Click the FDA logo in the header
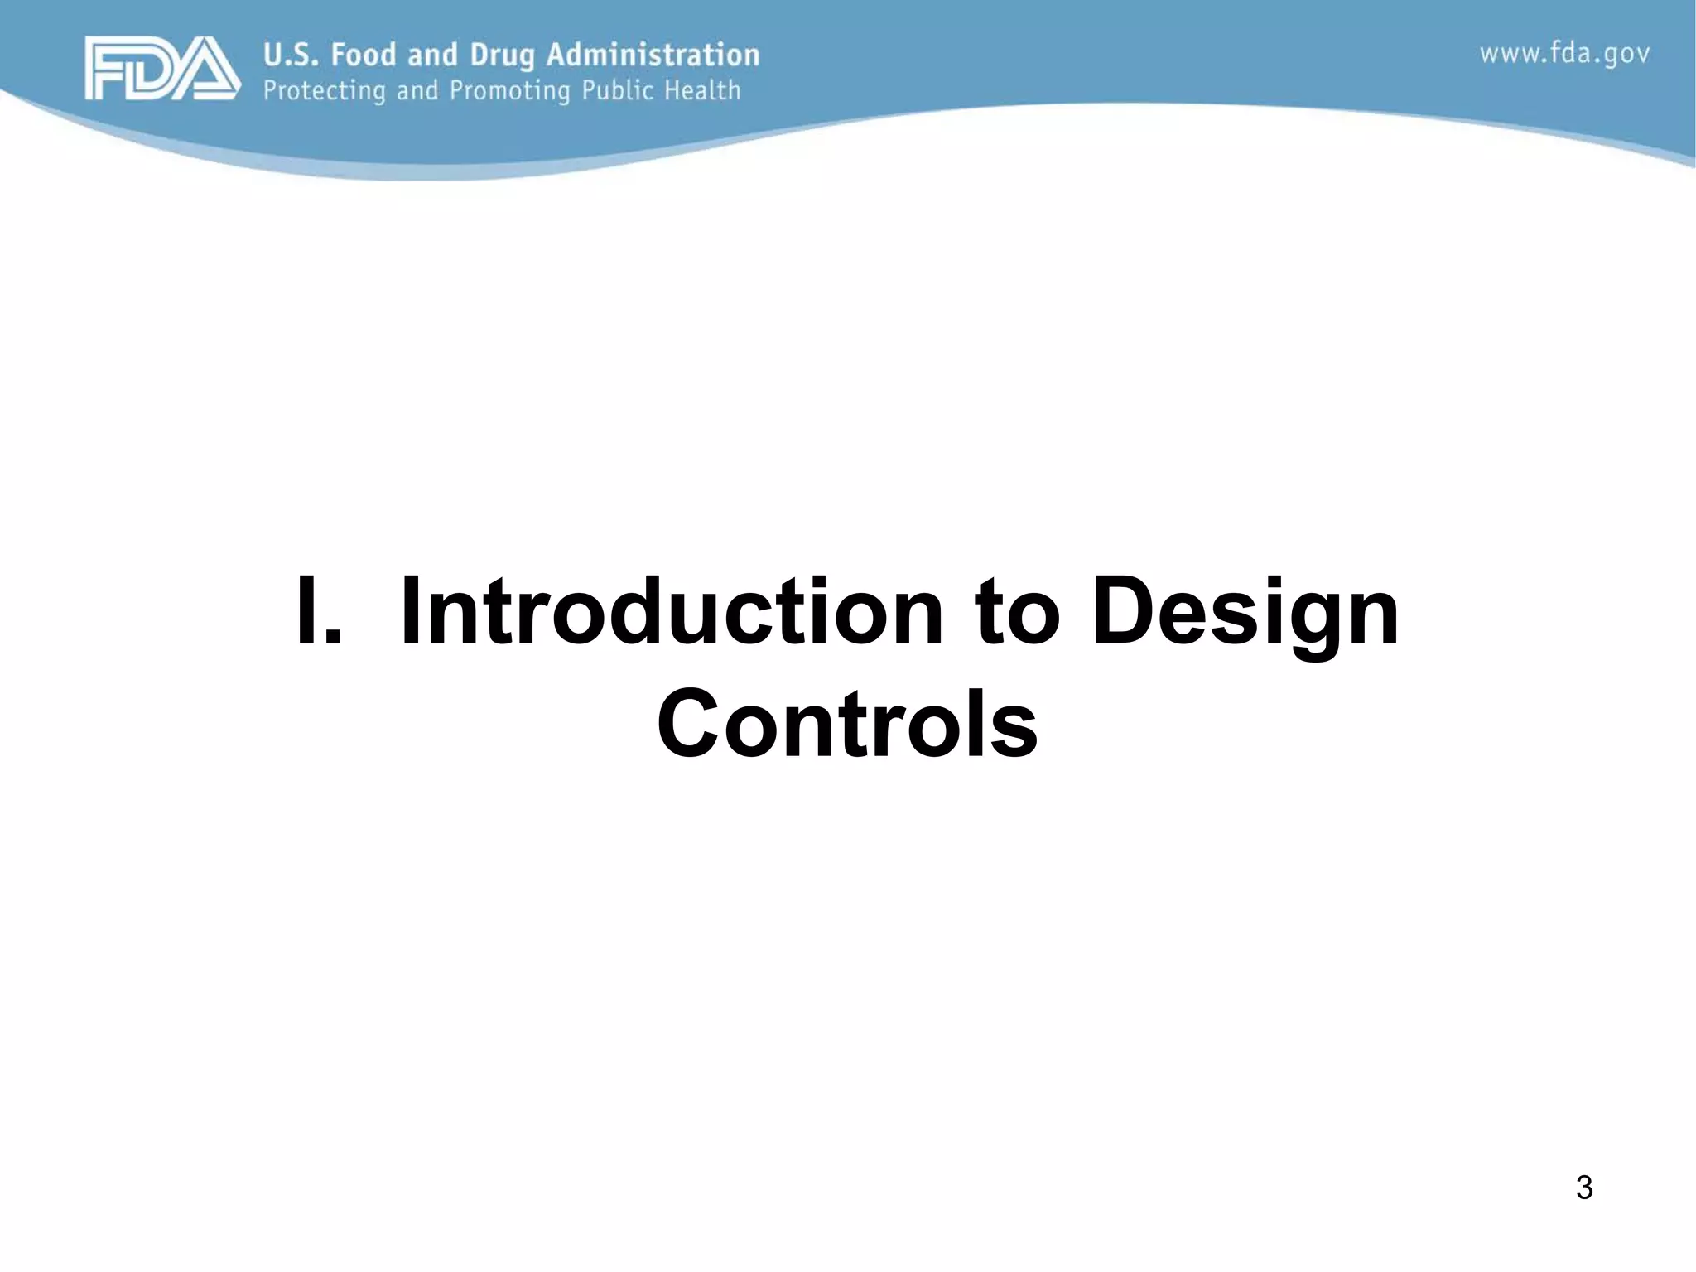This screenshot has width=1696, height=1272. [162, 69]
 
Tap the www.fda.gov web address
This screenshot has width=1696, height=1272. [1564, 55]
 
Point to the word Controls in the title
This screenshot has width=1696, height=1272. [846, 724]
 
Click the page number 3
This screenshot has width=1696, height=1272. [1583, 1188]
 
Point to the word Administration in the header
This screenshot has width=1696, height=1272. [653, 55]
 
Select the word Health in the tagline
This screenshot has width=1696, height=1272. [702, 89]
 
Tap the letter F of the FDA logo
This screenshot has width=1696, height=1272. [106, 69]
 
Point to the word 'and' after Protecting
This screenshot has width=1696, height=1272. [417, 89]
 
